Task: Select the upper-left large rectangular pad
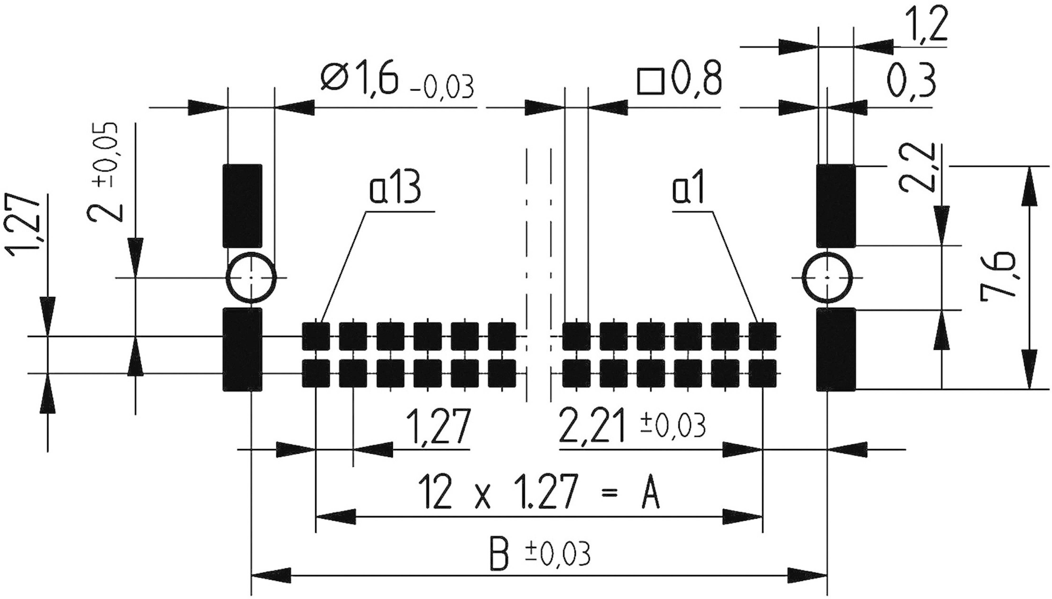click(x=242, y=206)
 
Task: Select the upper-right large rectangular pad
click(x=836, y=206)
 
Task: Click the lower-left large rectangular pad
click(x=242, y=349)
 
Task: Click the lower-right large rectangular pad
click(x=836, y=349)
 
